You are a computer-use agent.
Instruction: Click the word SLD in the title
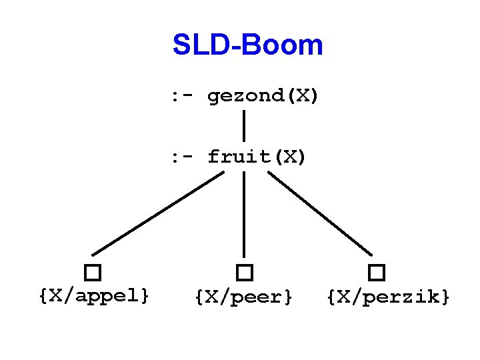[x=196, y=45]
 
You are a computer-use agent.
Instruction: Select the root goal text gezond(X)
[x=263, y=97]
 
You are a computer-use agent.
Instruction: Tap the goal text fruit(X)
[x=257, y=157]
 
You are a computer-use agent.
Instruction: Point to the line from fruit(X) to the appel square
[x=159, y=213]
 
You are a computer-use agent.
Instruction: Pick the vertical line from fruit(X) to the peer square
[x=244, y=213]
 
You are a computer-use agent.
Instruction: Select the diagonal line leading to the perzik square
[x=320, y=213]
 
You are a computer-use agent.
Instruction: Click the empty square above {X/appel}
[x=93, y=273]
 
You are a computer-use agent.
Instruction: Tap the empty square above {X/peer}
[x=245, y=273]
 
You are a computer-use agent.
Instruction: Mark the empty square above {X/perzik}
[x=377, y=273]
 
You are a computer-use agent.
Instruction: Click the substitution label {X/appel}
[x=94, y=295]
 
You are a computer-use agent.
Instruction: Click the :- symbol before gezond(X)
[x=182, y=97]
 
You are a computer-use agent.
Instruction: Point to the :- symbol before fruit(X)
[x=182, y=157]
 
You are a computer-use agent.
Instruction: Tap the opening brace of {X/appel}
[x=43, y=295]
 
